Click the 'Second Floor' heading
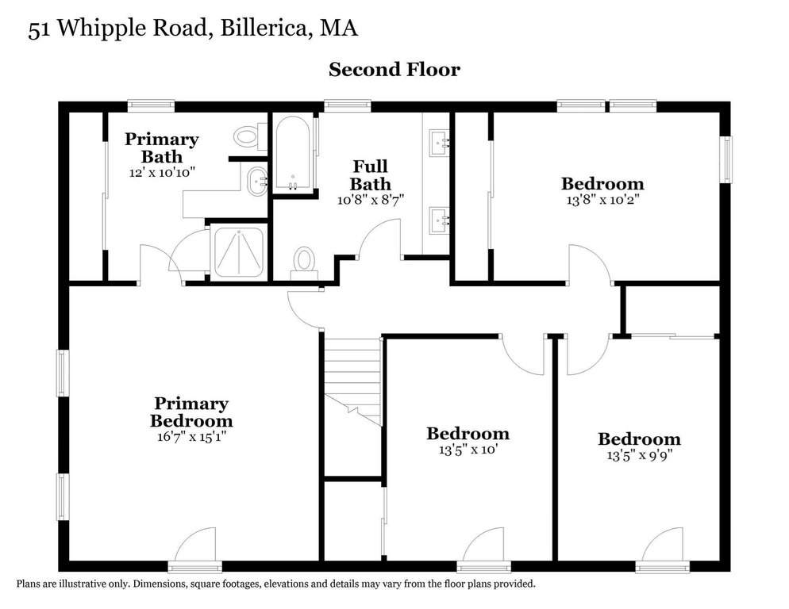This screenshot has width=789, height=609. (x=394, y=70)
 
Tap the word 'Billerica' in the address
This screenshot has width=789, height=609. (x=264, y=29)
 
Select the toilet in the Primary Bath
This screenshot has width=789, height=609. (x=250, y=136)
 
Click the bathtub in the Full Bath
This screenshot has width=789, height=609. (x=294, y=155)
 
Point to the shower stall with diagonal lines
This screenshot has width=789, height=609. (x=239, y=252)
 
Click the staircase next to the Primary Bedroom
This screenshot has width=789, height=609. (x=352, y=382)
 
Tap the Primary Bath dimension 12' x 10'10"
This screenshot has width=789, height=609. (x=161, y=173)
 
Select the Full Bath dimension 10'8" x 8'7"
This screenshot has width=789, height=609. (x=371, y=200)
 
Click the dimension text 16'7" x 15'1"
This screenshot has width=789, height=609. (x=191, y=436)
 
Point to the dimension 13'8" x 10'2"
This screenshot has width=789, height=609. (x=602, y=200)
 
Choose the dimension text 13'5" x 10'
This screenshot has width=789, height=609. (x=468, y=450)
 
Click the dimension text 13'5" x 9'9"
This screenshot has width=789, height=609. (x=639, y=456)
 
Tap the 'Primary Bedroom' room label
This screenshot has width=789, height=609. (x=191, y=412)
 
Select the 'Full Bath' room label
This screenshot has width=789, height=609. (x=371, y=175)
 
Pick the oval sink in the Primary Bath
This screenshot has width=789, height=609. (x=258, y=182)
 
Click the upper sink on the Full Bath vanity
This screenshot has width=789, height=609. (x=439, y=142)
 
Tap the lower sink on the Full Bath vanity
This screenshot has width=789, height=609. (x=439, y=220)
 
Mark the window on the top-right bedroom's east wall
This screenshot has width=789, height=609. (x=727, y=159)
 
